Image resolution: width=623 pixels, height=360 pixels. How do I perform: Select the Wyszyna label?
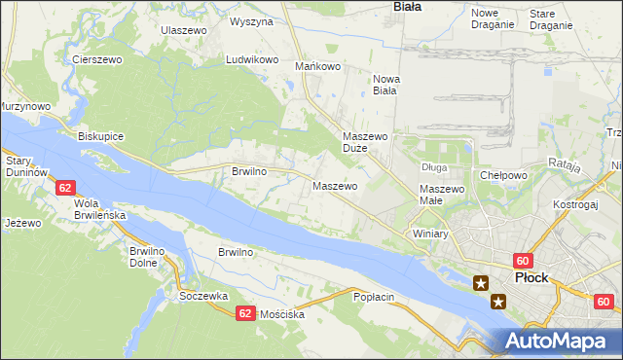[251, 20]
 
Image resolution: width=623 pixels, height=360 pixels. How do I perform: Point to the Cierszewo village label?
[95, 59]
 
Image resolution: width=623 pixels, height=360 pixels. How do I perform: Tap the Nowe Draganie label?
[492, 18]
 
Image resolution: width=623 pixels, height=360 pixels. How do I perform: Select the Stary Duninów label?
[25, 165]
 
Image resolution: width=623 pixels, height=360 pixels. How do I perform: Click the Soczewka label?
[203, 295]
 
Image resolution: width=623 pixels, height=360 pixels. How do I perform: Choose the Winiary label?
[429, 234]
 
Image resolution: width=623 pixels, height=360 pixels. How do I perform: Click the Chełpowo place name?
[503, 175]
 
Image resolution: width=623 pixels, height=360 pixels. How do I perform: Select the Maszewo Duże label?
[366, 143]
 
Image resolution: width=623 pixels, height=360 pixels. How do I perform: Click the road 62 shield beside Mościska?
[244, 313]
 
